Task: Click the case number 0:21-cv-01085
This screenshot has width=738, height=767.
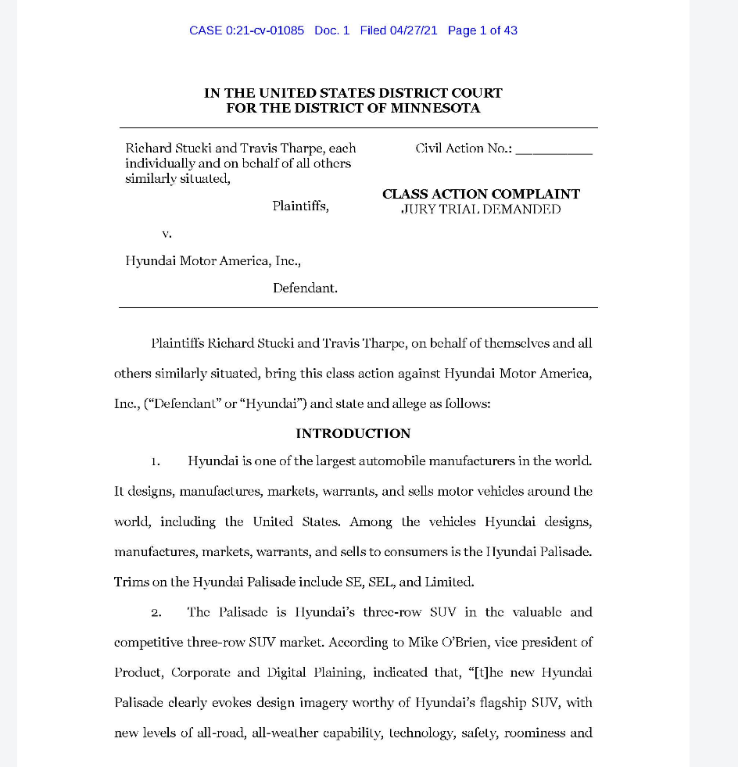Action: click(x=264, y=30)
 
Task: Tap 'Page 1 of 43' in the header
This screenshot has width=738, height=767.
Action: click(x=482, y=30)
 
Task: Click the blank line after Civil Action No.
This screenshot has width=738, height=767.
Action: click(x=553, y=149)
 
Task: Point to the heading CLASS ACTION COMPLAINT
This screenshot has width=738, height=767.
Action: click(x=481, y=194)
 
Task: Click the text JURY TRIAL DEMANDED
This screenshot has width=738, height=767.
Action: click(x=481, y=210)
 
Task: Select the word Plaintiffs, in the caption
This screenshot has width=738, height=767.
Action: click(x=300, y=206)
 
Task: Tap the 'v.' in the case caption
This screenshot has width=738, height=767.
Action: click(x=167, y=233)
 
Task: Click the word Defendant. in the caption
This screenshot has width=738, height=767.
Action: click(x=305, y=288)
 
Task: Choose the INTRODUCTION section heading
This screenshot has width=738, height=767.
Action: click(x=353, y=433)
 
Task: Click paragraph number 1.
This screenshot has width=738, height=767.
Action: click(x=156, y=461)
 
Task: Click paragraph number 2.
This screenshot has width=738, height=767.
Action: click(x=156, y=612)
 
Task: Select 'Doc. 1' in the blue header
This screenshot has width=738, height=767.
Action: click(x=331, y=30)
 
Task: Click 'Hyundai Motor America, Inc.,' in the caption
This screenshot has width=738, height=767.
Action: click(x=213, y=261)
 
